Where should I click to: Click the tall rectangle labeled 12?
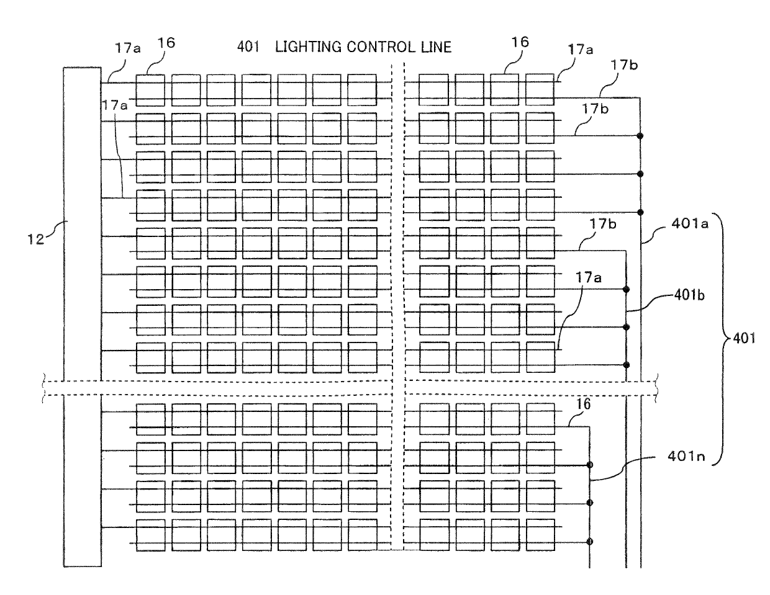(82, 317)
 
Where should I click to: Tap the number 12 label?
(36, 239)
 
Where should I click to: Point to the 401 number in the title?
(248, 47)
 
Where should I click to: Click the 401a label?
(690, 224)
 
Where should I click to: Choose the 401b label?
(689, 295)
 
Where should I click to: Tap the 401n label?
(686, 456)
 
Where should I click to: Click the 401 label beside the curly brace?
(744, 338)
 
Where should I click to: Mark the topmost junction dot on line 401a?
(640, 135)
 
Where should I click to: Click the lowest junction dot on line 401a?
(640, 212)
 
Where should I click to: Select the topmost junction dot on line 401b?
(626, 290)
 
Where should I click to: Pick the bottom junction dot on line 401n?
(590, 542)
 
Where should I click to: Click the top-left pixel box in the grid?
(150, 90)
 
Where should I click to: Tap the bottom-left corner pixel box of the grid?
(151, 535)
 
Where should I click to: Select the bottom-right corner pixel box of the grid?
(540, 535)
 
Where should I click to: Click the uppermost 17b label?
(624, 65)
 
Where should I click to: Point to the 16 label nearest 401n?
(584, 404)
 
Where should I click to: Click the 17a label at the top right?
(581, 50)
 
